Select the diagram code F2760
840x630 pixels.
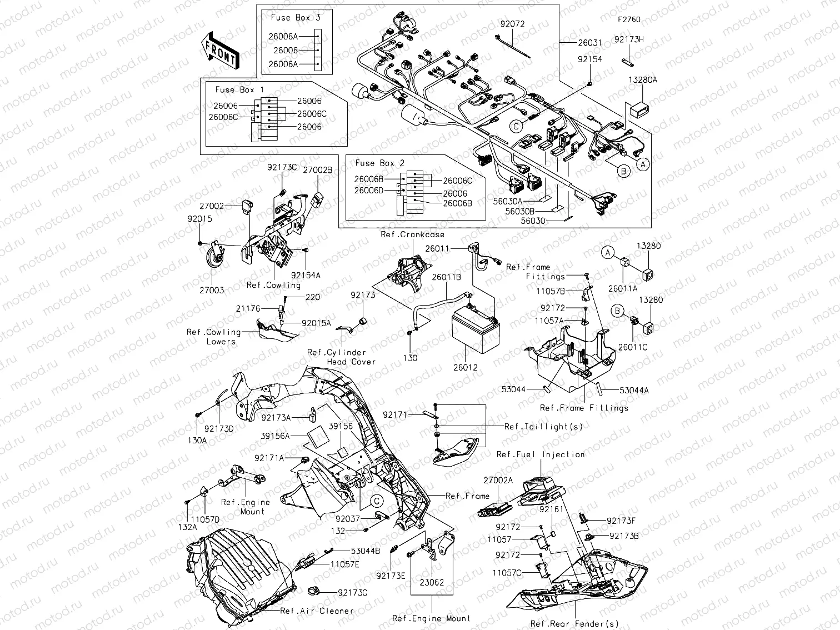[x=629, y=19]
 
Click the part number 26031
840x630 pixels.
[x=589, y=43]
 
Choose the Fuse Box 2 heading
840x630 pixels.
[x=379, y=163]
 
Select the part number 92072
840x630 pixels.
[x=512, y=24]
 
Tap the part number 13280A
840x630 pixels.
[x=643, y=80]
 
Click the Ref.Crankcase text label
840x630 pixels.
[x=412, y=234]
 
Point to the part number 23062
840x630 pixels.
[x=432, y=583]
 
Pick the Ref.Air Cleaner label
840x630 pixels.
[x=317, y=611]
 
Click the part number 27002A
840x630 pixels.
[x=498, y=480]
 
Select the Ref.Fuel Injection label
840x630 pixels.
[x=541, y=454]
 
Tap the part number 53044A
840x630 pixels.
[x=634, y=391]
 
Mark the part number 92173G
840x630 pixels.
[x=353, y=592]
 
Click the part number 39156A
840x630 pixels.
[x=276, y=437]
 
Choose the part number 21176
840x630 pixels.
[x=247, y=308]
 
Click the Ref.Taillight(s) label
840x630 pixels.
[x=543, y=427]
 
